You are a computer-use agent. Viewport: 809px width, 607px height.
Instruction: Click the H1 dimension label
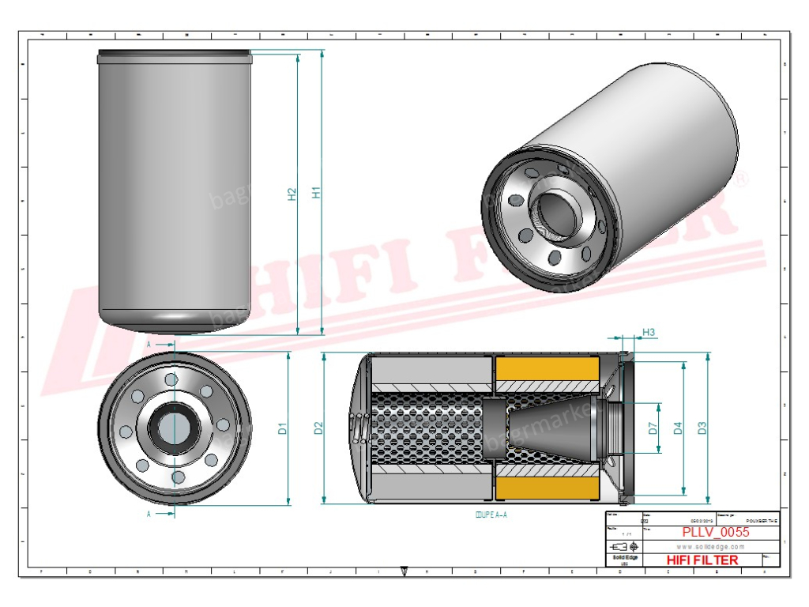click(x=316, y=192)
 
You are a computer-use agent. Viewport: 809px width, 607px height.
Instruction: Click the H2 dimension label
click(x=292, y=193)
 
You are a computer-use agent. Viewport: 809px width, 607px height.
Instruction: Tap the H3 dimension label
click(x=649, y=333)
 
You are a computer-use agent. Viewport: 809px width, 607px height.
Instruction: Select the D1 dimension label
click(x=282, y=429)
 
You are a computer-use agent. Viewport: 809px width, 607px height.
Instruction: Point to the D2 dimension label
click(x=318, y=428)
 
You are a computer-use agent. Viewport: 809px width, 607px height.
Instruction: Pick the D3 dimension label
click(x=702, y=428)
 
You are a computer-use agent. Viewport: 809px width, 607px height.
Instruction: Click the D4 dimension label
click(x=677, y=428)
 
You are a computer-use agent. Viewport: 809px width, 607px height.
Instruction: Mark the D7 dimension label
click(x=653, y=428)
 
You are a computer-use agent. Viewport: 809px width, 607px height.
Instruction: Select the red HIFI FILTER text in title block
click(x=702, y=560)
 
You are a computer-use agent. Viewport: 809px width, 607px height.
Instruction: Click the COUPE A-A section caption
click(x=491, y=515)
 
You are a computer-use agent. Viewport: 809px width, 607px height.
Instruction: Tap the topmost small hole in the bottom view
click(x=171, y=380)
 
